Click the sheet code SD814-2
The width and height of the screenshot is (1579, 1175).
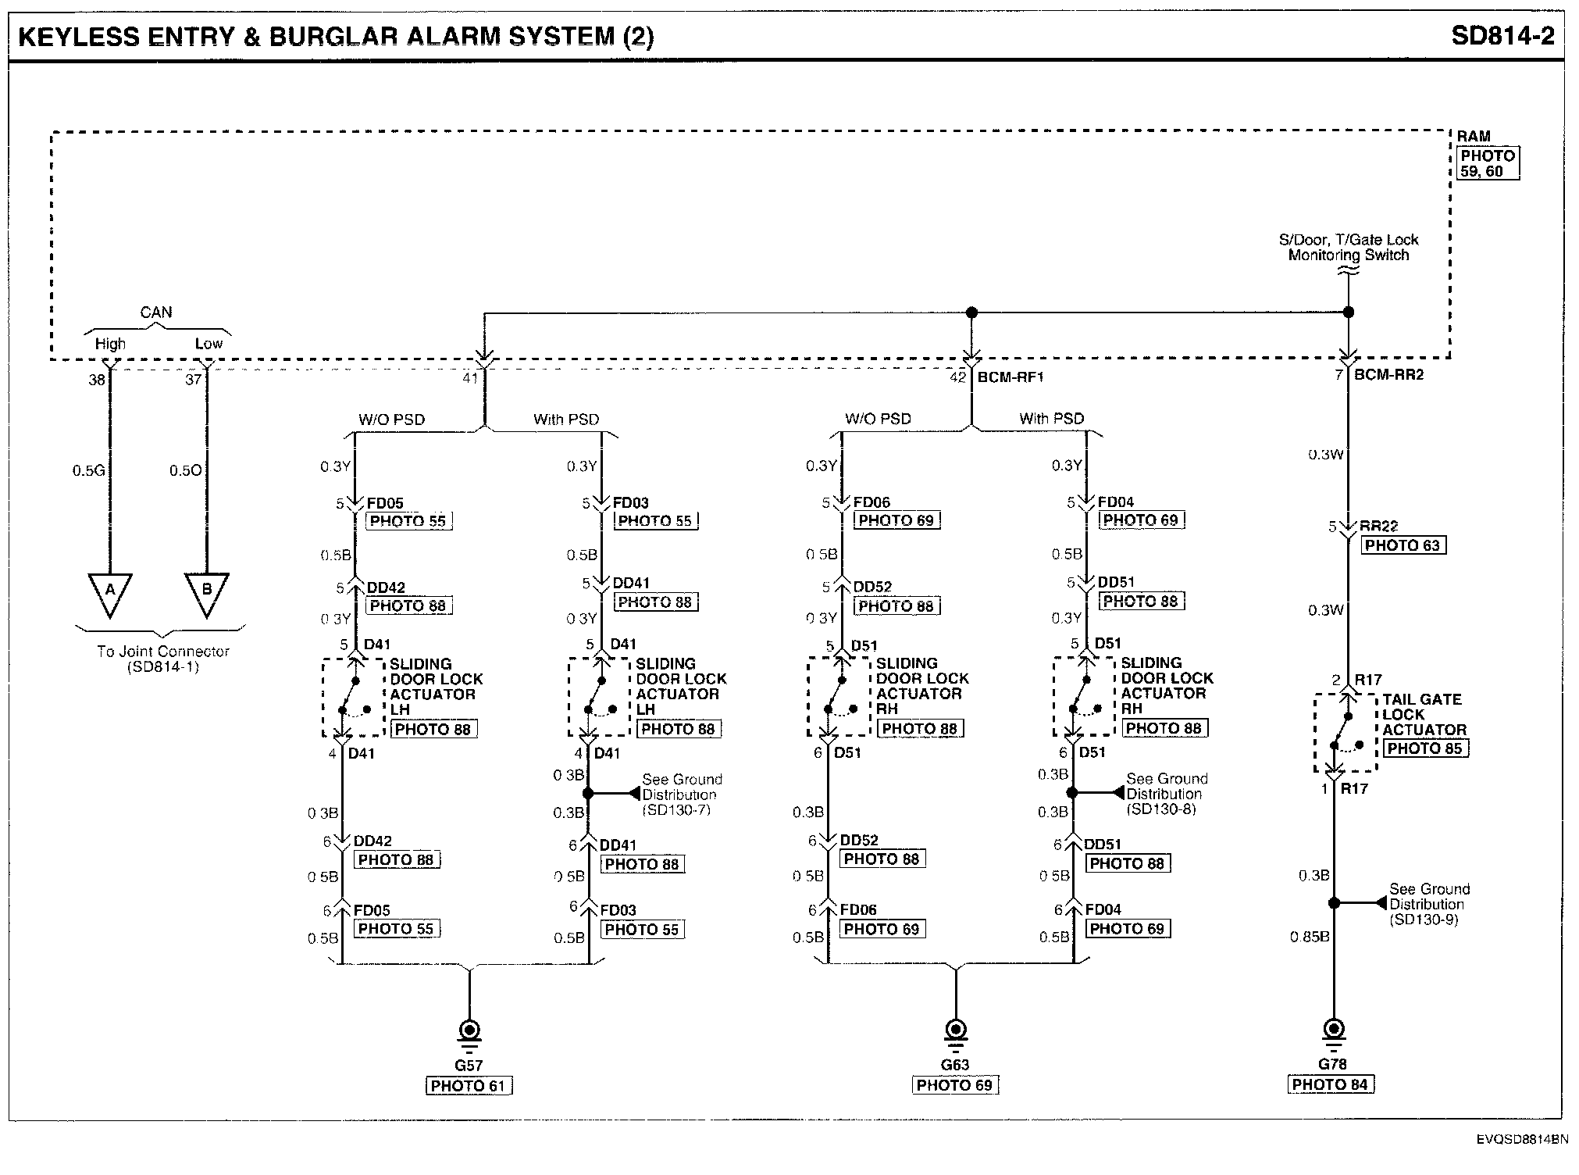point(1502,36)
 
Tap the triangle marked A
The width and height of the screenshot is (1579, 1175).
point(110,591)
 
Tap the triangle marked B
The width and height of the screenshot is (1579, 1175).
point(206,591)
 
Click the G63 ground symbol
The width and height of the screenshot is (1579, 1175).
point(955,1031)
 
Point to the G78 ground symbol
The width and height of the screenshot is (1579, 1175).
point(1334,1031)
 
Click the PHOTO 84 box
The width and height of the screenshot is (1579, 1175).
point(1331,1084)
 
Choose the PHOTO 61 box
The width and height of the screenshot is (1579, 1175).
point(469,1086)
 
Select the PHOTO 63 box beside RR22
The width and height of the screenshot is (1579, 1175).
point(1403,545)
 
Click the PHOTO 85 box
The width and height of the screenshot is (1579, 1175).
point(1425,748)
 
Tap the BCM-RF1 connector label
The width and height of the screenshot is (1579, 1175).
point(1010,377)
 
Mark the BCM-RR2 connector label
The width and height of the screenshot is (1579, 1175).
point(1388,375)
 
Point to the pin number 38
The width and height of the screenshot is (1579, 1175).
point(96,380)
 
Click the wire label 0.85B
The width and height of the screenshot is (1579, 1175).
point(1310,936)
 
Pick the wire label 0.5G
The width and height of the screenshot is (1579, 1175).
point(88,471)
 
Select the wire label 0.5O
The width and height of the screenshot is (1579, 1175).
point(185,471)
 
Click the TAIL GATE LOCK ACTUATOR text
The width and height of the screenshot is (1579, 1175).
point(1423,715)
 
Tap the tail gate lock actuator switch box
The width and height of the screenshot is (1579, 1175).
point(1345,732)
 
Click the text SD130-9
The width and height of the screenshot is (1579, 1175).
point(1424,920)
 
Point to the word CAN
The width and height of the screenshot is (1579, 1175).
point(156,312)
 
